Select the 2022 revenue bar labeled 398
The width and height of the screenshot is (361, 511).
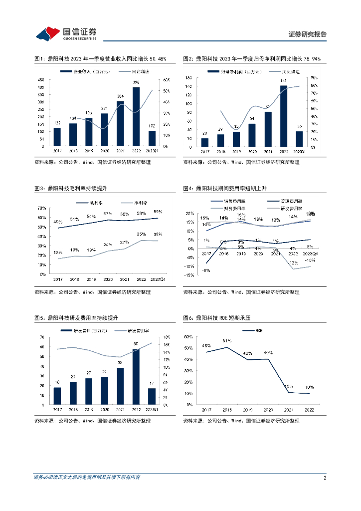(136, 117)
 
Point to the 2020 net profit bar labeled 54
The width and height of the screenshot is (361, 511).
(252, 135)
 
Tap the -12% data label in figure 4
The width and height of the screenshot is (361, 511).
(293, 262)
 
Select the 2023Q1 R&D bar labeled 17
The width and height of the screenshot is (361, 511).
(152, 396)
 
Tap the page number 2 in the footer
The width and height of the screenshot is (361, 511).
(325, 478)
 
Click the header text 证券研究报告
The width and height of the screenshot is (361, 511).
(308, 34)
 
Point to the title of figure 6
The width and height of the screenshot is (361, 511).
(220, 317)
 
